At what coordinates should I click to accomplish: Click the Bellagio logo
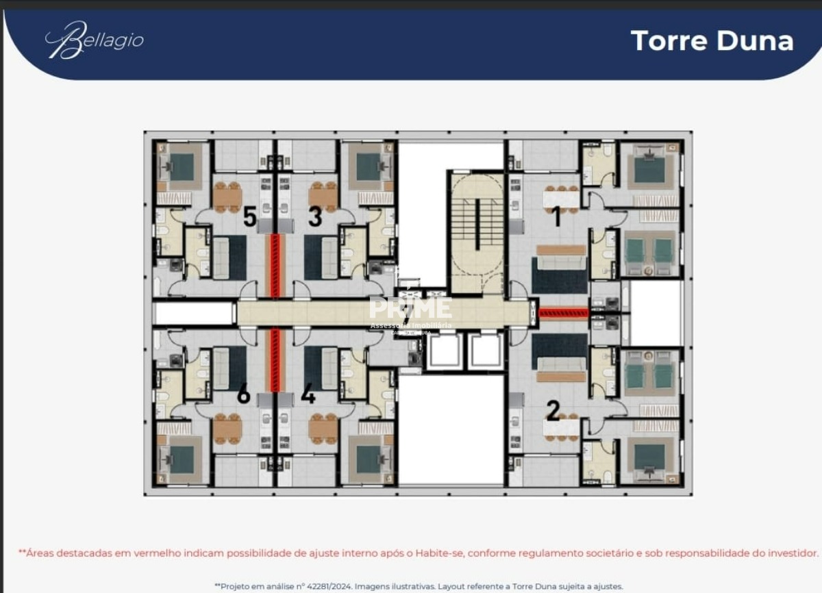click(95, 40)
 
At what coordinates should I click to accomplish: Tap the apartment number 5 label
click(250, 217)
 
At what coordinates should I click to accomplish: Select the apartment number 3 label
click(314, 217)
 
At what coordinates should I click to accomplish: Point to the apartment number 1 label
click(556, 217)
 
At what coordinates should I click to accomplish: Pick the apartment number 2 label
click(553, 411)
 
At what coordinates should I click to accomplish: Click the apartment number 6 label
click(243, 395)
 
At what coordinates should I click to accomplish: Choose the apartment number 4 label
click(308, 395)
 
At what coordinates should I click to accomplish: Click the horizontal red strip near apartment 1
click(563, 313)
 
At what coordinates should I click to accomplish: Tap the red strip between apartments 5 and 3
click(275, 266)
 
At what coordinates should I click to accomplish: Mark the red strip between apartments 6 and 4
click(275, 359)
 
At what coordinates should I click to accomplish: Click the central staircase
click(477, 226)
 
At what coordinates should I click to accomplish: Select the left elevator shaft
click(443, 351)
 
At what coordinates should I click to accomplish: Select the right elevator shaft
click(486, 351)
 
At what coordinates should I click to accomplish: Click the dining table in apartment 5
click(227, 197)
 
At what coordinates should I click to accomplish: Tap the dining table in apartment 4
click(323, 429)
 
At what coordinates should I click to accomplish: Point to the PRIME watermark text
click(410, 308)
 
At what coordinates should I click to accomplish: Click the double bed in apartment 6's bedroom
click(181, 459)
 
